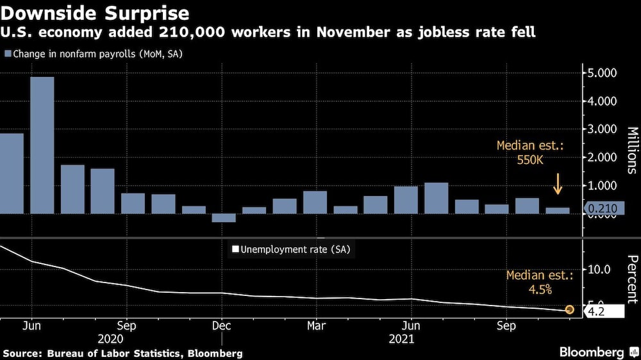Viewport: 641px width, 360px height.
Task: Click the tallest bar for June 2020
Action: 42,145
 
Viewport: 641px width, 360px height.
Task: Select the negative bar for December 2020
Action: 224,218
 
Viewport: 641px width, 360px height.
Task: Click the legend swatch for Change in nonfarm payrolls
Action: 7,54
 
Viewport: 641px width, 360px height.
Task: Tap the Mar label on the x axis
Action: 315,325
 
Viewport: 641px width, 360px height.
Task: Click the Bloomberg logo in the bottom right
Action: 592,352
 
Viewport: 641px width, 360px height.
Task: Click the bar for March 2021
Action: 315,202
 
